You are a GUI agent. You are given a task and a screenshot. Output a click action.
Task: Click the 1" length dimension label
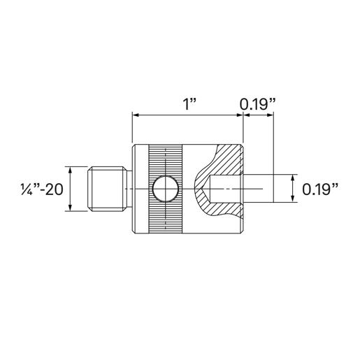point(188,104)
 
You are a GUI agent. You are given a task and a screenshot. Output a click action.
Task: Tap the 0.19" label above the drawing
point(258,104)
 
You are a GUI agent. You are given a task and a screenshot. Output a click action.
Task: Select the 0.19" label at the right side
point(321,189)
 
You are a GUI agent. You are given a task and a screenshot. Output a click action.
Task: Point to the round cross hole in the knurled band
point(165,189)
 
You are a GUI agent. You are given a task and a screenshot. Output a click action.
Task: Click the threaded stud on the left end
point(109,189)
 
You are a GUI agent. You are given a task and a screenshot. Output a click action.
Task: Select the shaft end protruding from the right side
point(259,189)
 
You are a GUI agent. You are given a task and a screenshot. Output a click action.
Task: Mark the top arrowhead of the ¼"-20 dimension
point(71,170)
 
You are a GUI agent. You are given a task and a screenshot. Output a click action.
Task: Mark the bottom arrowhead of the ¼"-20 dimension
point(71,208)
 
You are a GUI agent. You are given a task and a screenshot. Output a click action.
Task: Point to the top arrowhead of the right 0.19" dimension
point(291,177)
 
